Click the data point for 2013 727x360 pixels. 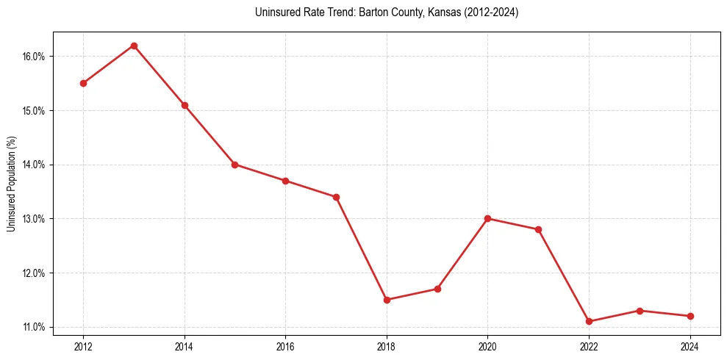[x=134, y=46]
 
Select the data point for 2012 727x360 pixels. [x=83, y=83]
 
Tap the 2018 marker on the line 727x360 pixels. [x=387, y=300]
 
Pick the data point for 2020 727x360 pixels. [x=487, y=218]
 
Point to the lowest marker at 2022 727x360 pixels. [x=589, y=321]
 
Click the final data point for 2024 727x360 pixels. [x=690, y=316]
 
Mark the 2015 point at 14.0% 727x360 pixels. [x=234, y=165]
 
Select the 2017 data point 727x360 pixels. [x=336, y=197]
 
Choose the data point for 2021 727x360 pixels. [x=538, y=229]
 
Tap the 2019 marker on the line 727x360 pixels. [x=437, y=289]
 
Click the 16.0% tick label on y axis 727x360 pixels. [x=35, y=57]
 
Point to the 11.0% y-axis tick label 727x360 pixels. [x=35, y=327]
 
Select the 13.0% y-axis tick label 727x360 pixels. [x=35, y=219]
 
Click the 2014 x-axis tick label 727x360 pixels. [x=185, y=347]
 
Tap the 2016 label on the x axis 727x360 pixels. [x=285, y=347]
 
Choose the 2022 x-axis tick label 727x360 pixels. [x=589, y=347]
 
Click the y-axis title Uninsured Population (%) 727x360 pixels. [x=11, y=184]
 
